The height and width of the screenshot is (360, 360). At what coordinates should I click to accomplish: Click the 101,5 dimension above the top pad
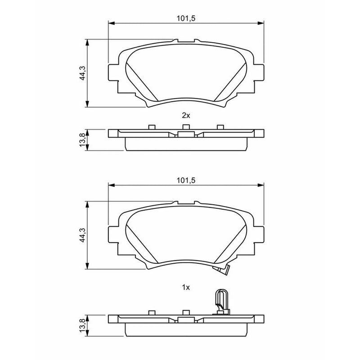[186, 18]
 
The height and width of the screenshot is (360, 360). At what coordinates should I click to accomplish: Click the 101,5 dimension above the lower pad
[186, 180]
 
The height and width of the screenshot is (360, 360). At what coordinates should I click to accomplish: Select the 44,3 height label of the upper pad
[82, 73]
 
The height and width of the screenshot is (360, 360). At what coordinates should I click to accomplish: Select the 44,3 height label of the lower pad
[82, 235]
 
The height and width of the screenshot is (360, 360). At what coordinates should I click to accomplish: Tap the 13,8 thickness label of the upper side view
[82, 140]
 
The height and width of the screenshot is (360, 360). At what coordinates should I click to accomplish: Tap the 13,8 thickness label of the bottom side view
[82, 325]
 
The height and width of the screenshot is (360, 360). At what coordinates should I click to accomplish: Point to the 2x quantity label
[186, 116]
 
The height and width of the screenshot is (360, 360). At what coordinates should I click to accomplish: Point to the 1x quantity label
[186, 287]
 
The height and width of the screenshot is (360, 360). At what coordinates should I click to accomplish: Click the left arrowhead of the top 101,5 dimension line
[111, 23]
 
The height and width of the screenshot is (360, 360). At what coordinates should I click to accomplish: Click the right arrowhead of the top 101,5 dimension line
[261, 23]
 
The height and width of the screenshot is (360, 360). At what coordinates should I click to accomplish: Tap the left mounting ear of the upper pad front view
[113, 72]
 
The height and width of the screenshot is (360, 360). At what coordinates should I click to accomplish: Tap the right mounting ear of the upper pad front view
[259, 72]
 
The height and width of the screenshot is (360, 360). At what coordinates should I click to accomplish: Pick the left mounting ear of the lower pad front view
[113, 234]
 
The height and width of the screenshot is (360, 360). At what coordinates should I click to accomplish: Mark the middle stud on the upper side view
[186, 127]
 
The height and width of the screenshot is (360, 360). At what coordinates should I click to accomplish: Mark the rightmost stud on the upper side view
[220, 127]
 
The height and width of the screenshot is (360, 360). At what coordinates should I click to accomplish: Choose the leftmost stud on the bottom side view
[152, 313]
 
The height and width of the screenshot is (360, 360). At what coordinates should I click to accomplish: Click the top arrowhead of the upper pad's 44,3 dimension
[87, 42]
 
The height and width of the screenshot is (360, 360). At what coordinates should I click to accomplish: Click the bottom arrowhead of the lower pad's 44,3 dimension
[87, 266]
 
